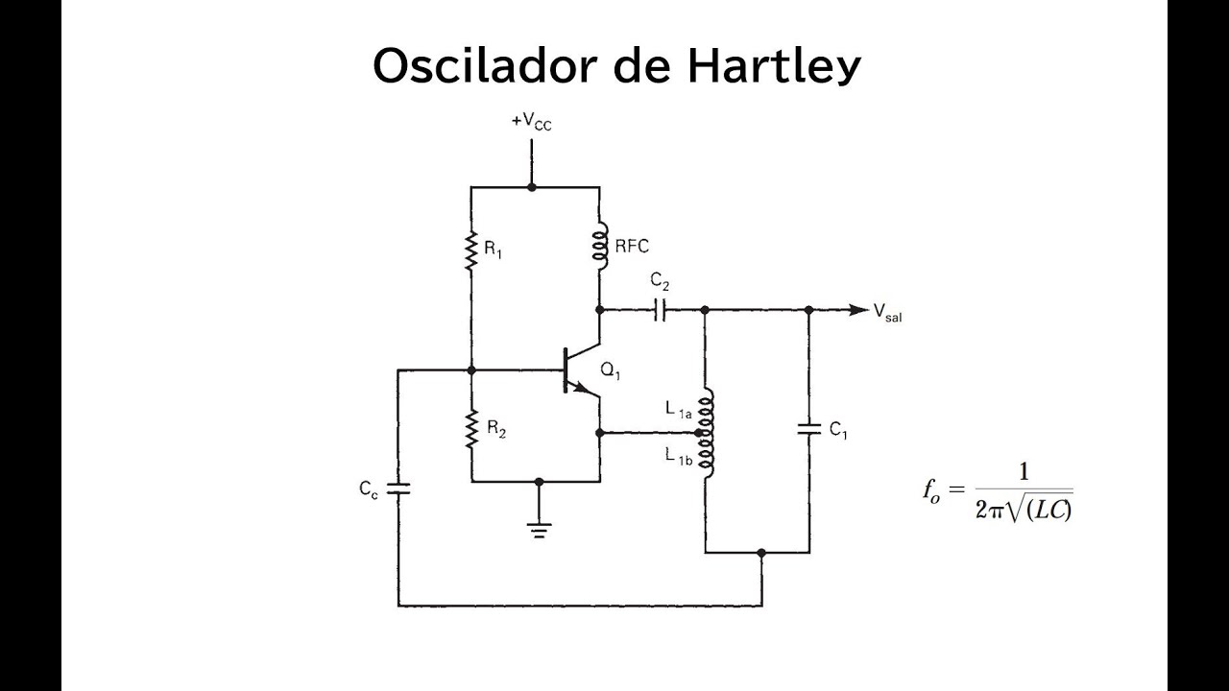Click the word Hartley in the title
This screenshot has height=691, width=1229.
pos(774,66)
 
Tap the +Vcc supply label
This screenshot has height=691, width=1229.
pos(532,122)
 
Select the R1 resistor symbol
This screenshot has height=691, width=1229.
pos(470,250)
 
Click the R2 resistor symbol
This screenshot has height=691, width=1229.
pos(471,429)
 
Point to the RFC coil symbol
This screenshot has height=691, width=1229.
pos(601,247)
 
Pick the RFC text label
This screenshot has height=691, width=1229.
pos(632,247)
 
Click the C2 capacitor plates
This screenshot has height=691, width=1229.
pos(660,310)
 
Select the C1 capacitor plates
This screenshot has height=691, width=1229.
pos(809,429)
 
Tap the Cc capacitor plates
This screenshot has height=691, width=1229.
pos(398,488)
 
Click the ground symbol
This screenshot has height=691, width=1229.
pos(539,531)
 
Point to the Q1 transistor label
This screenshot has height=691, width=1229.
pos(610,371)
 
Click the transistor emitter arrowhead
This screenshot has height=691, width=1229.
pos(582,388)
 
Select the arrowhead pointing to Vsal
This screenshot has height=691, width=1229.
pos(858,310)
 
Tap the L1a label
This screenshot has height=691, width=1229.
pos(678,410)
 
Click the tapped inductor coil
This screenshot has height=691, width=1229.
pos(707,433)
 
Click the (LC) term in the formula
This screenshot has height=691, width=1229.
pos(1048,510)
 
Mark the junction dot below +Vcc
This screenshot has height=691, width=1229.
pos(531,187)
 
